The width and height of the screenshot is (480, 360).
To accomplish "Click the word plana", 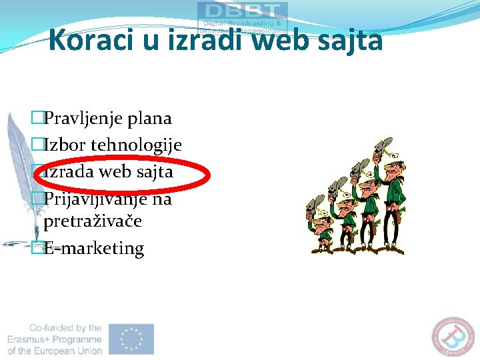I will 151,119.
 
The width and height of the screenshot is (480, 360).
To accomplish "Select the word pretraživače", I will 93,221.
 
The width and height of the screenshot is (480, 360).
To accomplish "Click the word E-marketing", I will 93,248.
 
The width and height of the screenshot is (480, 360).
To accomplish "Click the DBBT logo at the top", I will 242,17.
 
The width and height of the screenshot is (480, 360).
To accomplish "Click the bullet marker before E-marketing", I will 37,249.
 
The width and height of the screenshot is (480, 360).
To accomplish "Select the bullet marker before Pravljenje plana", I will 37,119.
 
